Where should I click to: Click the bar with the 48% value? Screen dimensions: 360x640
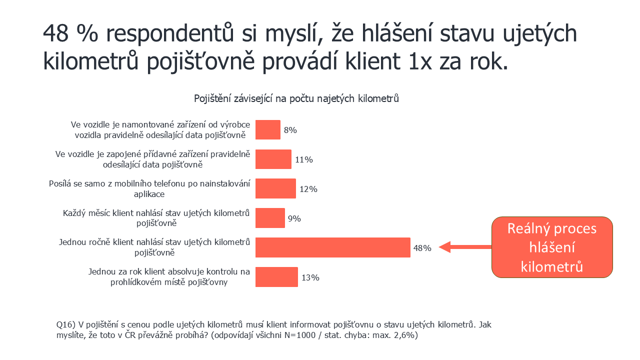coord(332,247)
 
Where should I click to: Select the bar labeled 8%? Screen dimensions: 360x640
coord(268,130)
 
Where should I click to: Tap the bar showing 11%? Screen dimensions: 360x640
coord(273,159)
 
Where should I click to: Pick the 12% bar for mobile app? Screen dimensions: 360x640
coord(275,189)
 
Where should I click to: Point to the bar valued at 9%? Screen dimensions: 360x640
coord(270,218)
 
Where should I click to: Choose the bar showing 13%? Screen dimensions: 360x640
coord(276,277)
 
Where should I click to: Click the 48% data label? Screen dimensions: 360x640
coord(422,247)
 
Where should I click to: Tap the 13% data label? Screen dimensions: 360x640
coord(310,277)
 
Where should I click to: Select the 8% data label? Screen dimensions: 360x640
coord(290,130)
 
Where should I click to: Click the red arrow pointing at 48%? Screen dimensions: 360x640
coord(465,246)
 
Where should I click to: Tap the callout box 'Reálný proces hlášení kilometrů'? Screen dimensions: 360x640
coord(552,247)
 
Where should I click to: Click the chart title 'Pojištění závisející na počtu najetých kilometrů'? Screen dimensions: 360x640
coord(296,98)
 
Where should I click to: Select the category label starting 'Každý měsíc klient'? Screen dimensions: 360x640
coord(156,218)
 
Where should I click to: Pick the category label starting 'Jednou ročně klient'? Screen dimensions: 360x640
coord(154,247)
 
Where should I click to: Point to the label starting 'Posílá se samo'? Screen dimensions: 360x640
coord(149,188)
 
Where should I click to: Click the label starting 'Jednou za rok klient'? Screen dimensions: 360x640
coord(168,277)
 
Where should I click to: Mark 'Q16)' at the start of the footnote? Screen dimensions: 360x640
coord(67,324)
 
